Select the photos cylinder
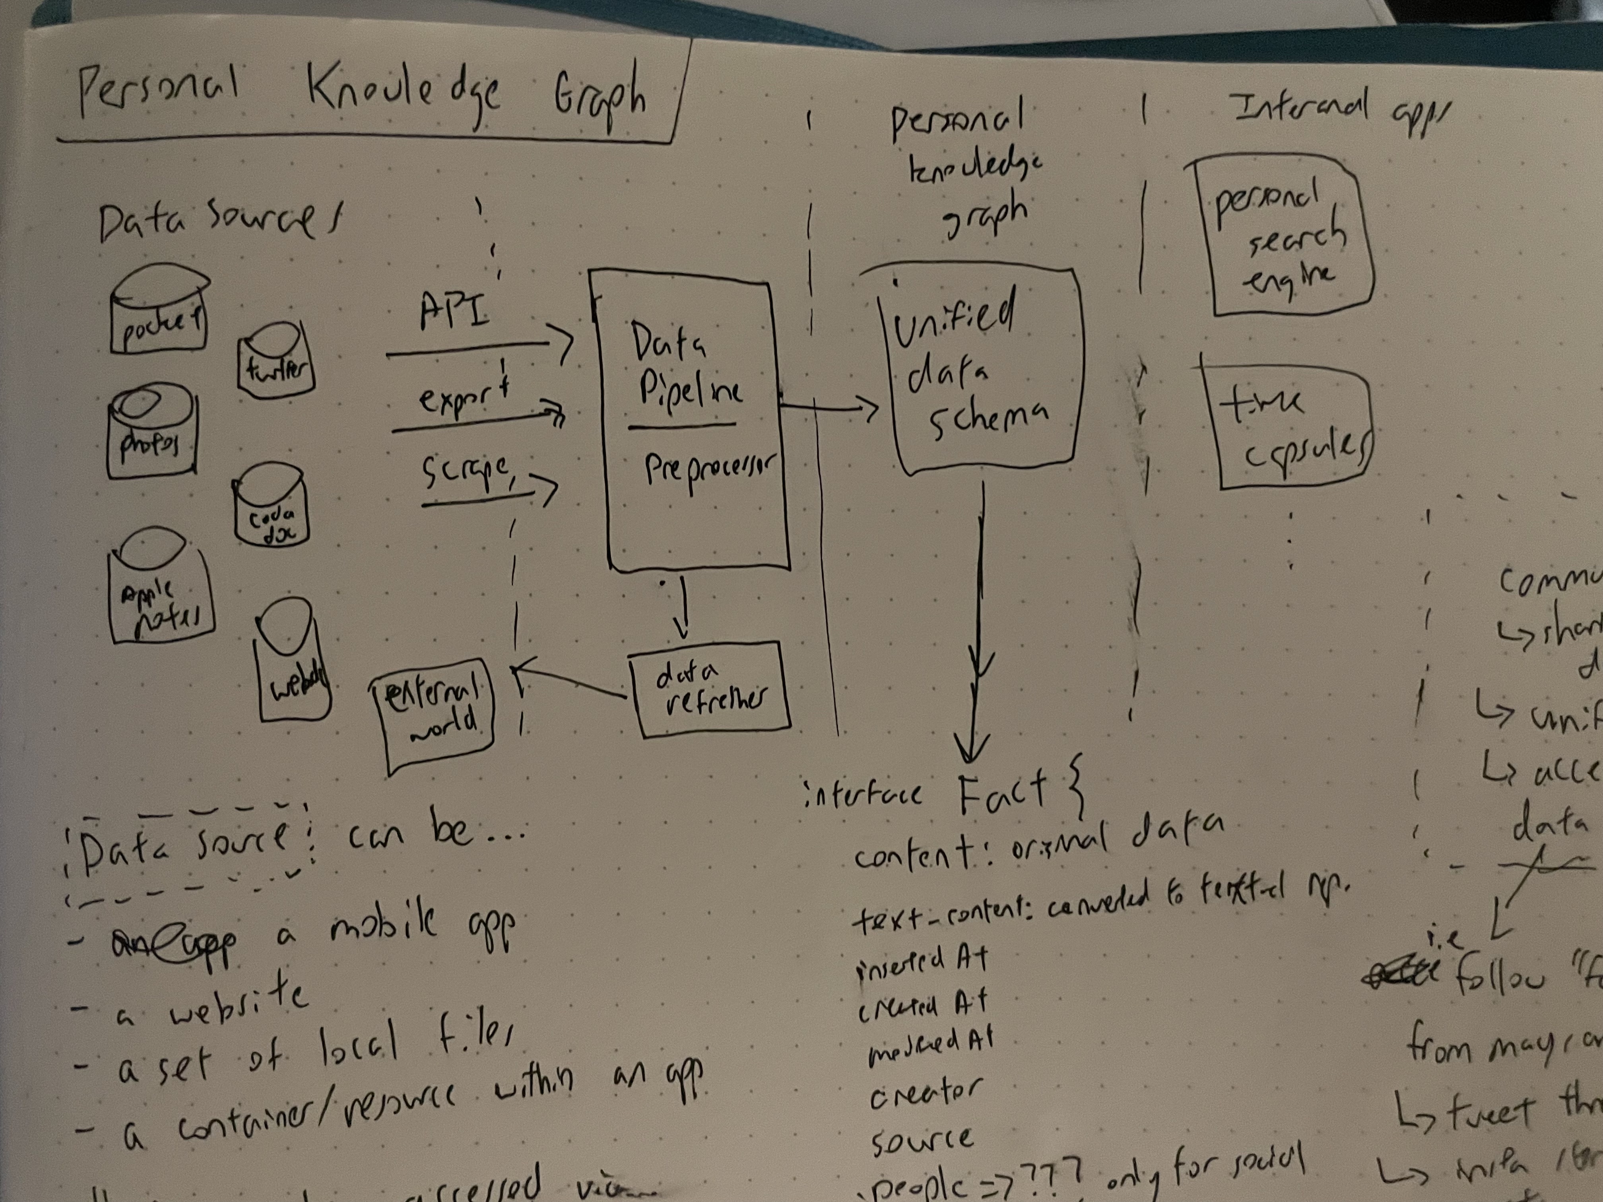tap(151, 435)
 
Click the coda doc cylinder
tap(270, 507)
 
